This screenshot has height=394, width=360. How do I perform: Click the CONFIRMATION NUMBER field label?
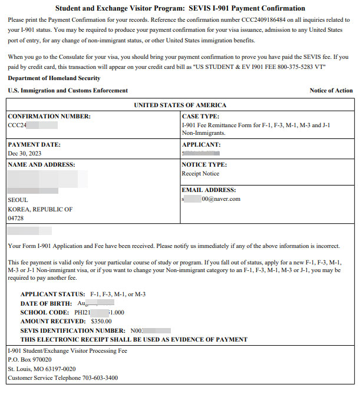[x=49, y=117]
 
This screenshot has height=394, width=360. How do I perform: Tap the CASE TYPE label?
[x=201, y=117]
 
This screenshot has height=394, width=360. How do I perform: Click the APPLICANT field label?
[x=202, y=144]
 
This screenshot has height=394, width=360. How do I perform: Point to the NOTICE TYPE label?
[x=204, y=165]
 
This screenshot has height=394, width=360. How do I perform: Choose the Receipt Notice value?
[x=200, y=174]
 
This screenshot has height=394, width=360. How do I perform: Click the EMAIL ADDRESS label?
[x=209, y=190]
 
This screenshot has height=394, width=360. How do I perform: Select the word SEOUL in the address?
[x=18, y=200]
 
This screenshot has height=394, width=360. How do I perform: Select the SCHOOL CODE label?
[x=45, y=312]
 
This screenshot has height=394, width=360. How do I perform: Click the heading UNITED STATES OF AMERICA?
[x=180, y=105]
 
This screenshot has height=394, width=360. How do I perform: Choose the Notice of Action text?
[x=331, y=91]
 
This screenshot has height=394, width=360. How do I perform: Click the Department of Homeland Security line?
[x=54, y=78]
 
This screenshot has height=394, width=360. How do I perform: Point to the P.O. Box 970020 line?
[x=29, y=360]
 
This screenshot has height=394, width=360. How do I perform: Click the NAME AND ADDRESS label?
[x=42, y=165]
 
